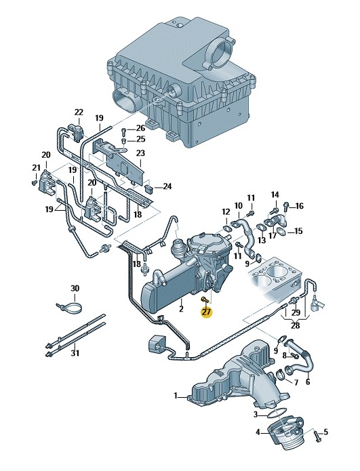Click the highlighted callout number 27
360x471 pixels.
pyautogui.click(x=207, y=312)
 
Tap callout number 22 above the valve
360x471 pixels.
pyautogui.click(x=79, y=112)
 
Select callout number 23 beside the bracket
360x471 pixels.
pyautogui.click(x=140, y=153)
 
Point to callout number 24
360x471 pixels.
pyautogui.click(x=167, y=186)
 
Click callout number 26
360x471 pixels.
pyautogui.click(x=140, y=129)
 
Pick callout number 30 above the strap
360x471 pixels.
pyautogui.click(x=75, y=289)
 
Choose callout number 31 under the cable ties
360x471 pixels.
pyautogui.click(x=75, y=353)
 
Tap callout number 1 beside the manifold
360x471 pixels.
pyautogui.click(x=176, y=396)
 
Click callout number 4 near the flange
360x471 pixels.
pyautogui.click(x=258, y=433)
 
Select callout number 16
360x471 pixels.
pyautogui.click(x=299, y=206)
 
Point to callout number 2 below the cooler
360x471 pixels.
pyautogui.click(x=181, y=308)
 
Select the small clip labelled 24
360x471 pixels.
pyautogui.click(x=149, y=188)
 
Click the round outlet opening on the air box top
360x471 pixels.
pyautogui.click(x=223, y=50)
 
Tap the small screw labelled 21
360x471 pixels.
pyautogui.click(x=34, y=182)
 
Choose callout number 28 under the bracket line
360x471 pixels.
pyautogui.click(x=296, y=325)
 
